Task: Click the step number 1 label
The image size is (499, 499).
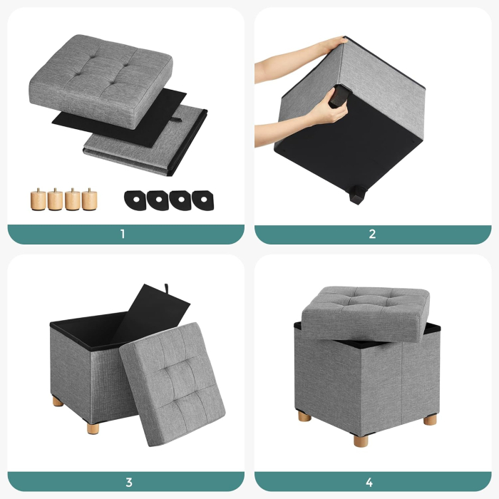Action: point(123,234)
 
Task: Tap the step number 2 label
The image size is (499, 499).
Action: point(372,234)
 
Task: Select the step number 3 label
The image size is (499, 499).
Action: point(123,480)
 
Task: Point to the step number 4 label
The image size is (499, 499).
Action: point(372,480)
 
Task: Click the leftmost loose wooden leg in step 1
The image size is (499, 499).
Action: point(38,199)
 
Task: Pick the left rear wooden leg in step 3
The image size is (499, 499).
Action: point(57,402)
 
